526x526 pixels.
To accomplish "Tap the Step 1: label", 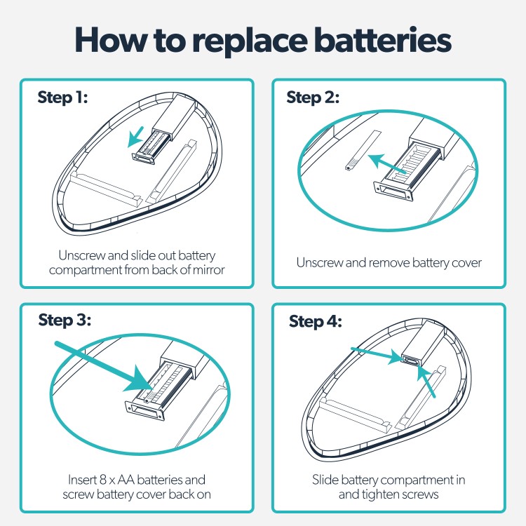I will point(62,98).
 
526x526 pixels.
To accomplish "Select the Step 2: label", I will point(313,98).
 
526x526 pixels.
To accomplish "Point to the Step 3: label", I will point(65,321).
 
